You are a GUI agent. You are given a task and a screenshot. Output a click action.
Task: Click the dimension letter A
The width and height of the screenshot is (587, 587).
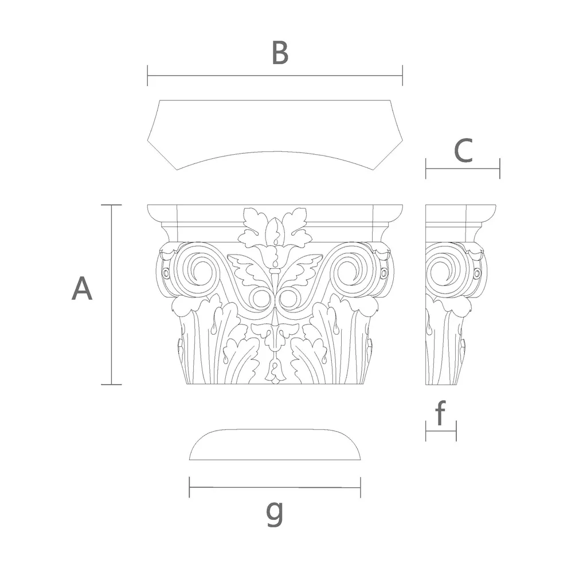tap(82, 288)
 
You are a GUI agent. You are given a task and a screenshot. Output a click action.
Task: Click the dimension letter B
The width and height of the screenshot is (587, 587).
tap(280, 53)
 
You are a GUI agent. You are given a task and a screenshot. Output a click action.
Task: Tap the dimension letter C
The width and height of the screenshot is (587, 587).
tap(463, 151)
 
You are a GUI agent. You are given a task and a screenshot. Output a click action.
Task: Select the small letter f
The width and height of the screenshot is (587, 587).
tap(441, 413)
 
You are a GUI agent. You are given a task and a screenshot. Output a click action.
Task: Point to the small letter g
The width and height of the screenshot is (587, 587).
tap(275, 513)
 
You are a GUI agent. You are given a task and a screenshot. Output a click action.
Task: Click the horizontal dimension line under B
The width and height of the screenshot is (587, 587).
tap(275, 75)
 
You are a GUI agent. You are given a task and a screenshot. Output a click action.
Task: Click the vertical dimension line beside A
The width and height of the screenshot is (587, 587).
tap(112, 295)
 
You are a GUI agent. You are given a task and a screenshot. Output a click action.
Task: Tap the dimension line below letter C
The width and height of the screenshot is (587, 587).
tap(463, 169)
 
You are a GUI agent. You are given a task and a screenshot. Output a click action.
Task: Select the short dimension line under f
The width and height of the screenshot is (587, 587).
tap(441, 431)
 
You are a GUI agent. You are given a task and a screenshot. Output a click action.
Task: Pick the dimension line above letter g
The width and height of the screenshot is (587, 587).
tap(275, 487)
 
